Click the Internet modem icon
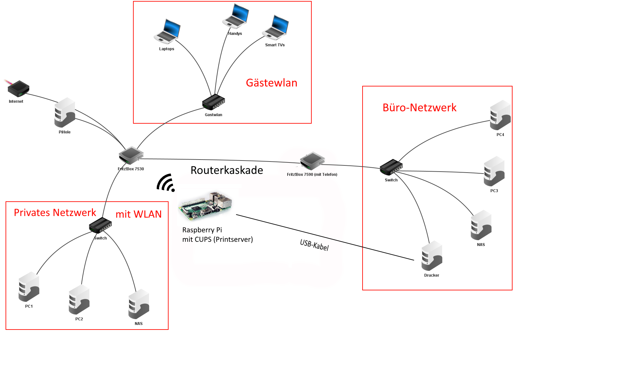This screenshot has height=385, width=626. coord(19,88)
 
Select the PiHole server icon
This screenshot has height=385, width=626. coord(65,113)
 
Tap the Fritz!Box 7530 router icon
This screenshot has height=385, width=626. coord(131,155)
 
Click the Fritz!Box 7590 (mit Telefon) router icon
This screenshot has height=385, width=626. coord(312,161)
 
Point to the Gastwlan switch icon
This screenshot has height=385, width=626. coord(214,102)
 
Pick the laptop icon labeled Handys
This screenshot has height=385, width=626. coord(236,16)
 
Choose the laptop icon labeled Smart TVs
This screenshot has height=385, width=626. coord(276,28)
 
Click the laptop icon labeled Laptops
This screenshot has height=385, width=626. coord(167,32)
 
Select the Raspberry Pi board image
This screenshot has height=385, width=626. coord(205,205)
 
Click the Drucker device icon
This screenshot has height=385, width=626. coord(432,256)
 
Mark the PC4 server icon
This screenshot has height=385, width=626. coord(500,115)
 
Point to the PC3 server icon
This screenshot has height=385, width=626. coord(494,171)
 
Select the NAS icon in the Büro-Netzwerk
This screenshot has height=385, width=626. coord(481,225)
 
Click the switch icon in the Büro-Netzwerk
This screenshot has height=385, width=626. coord(391,167)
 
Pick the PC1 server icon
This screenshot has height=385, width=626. coord(29,287)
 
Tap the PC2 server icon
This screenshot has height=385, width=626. coord(79,300)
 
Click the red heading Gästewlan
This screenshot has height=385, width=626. coord(272,83)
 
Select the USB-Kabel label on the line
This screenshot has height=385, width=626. coord(314,245)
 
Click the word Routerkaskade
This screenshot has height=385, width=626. coord(227,170)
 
